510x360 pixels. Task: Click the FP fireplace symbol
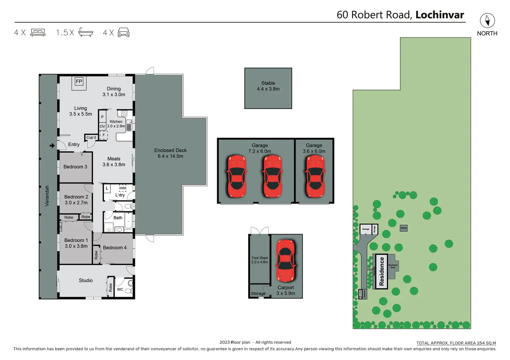click(79, 81)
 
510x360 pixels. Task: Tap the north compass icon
click(487, 20)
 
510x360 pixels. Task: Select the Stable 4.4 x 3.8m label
click(268, 86)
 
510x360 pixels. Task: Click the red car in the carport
click(285, 260)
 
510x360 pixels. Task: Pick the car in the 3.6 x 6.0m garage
click(315, 176)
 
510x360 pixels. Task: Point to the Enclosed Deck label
click(170, 153)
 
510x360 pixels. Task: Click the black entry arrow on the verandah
click(52, 146)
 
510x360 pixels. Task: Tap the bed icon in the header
click(38, 33)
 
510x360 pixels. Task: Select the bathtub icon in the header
click(86, 33)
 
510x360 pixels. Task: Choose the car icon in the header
click(124, 33)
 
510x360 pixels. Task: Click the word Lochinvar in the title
click(440, 15)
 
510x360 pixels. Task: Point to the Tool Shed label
click(260, 260)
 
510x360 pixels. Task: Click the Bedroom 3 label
click(75, 167)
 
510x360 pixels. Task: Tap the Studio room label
click(86, 280)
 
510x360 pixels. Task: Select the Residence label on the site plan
click(382, 271)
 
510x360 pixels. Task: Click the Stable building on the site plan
click(404, 228)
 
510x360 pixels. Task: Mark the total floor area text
click(456, 343)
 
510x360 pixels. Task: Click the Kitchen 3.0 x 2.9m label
click(116, 124)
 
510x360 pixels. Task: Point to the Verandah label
click(47, 196)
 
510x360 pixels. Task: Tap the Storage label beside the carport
click(258, 294)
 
